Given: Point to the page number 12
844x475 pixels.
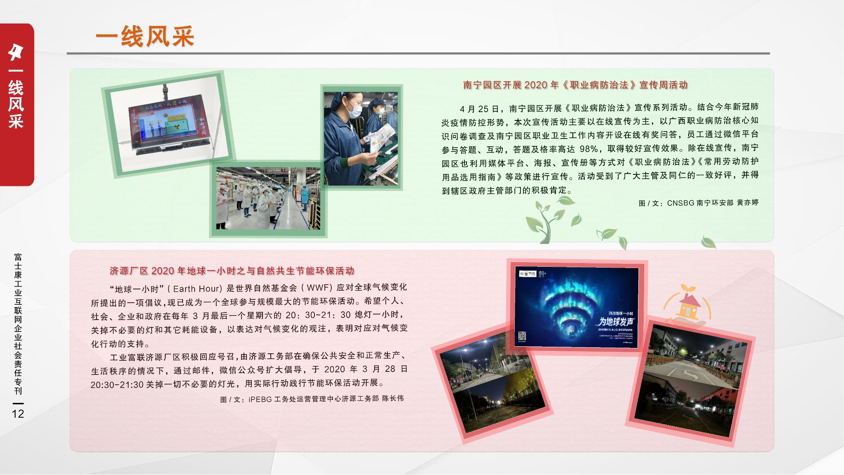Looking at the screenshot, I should (18, 414).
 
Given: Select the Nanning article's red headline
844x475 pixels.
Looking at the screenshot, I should (575, 85).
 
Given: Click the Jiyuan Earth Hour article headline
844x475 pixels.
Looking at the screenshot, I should (232, 271).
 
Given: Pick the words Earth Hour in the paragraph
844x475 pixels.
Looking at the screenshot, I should (197, 289).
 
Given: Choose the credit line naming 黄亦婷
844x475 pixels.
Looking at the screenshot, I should (698, 203).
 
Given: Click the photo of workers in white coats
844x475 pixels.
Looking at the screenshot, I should (268, 198).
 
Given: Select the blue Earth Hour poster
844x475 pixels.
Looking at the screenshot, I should (576, 307).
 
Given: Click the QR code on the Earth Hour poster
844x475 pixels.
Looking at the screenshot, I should (522, 336).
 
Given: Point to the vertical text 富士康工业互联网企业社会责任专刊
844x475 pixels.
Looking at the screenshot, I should (18, 324).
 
